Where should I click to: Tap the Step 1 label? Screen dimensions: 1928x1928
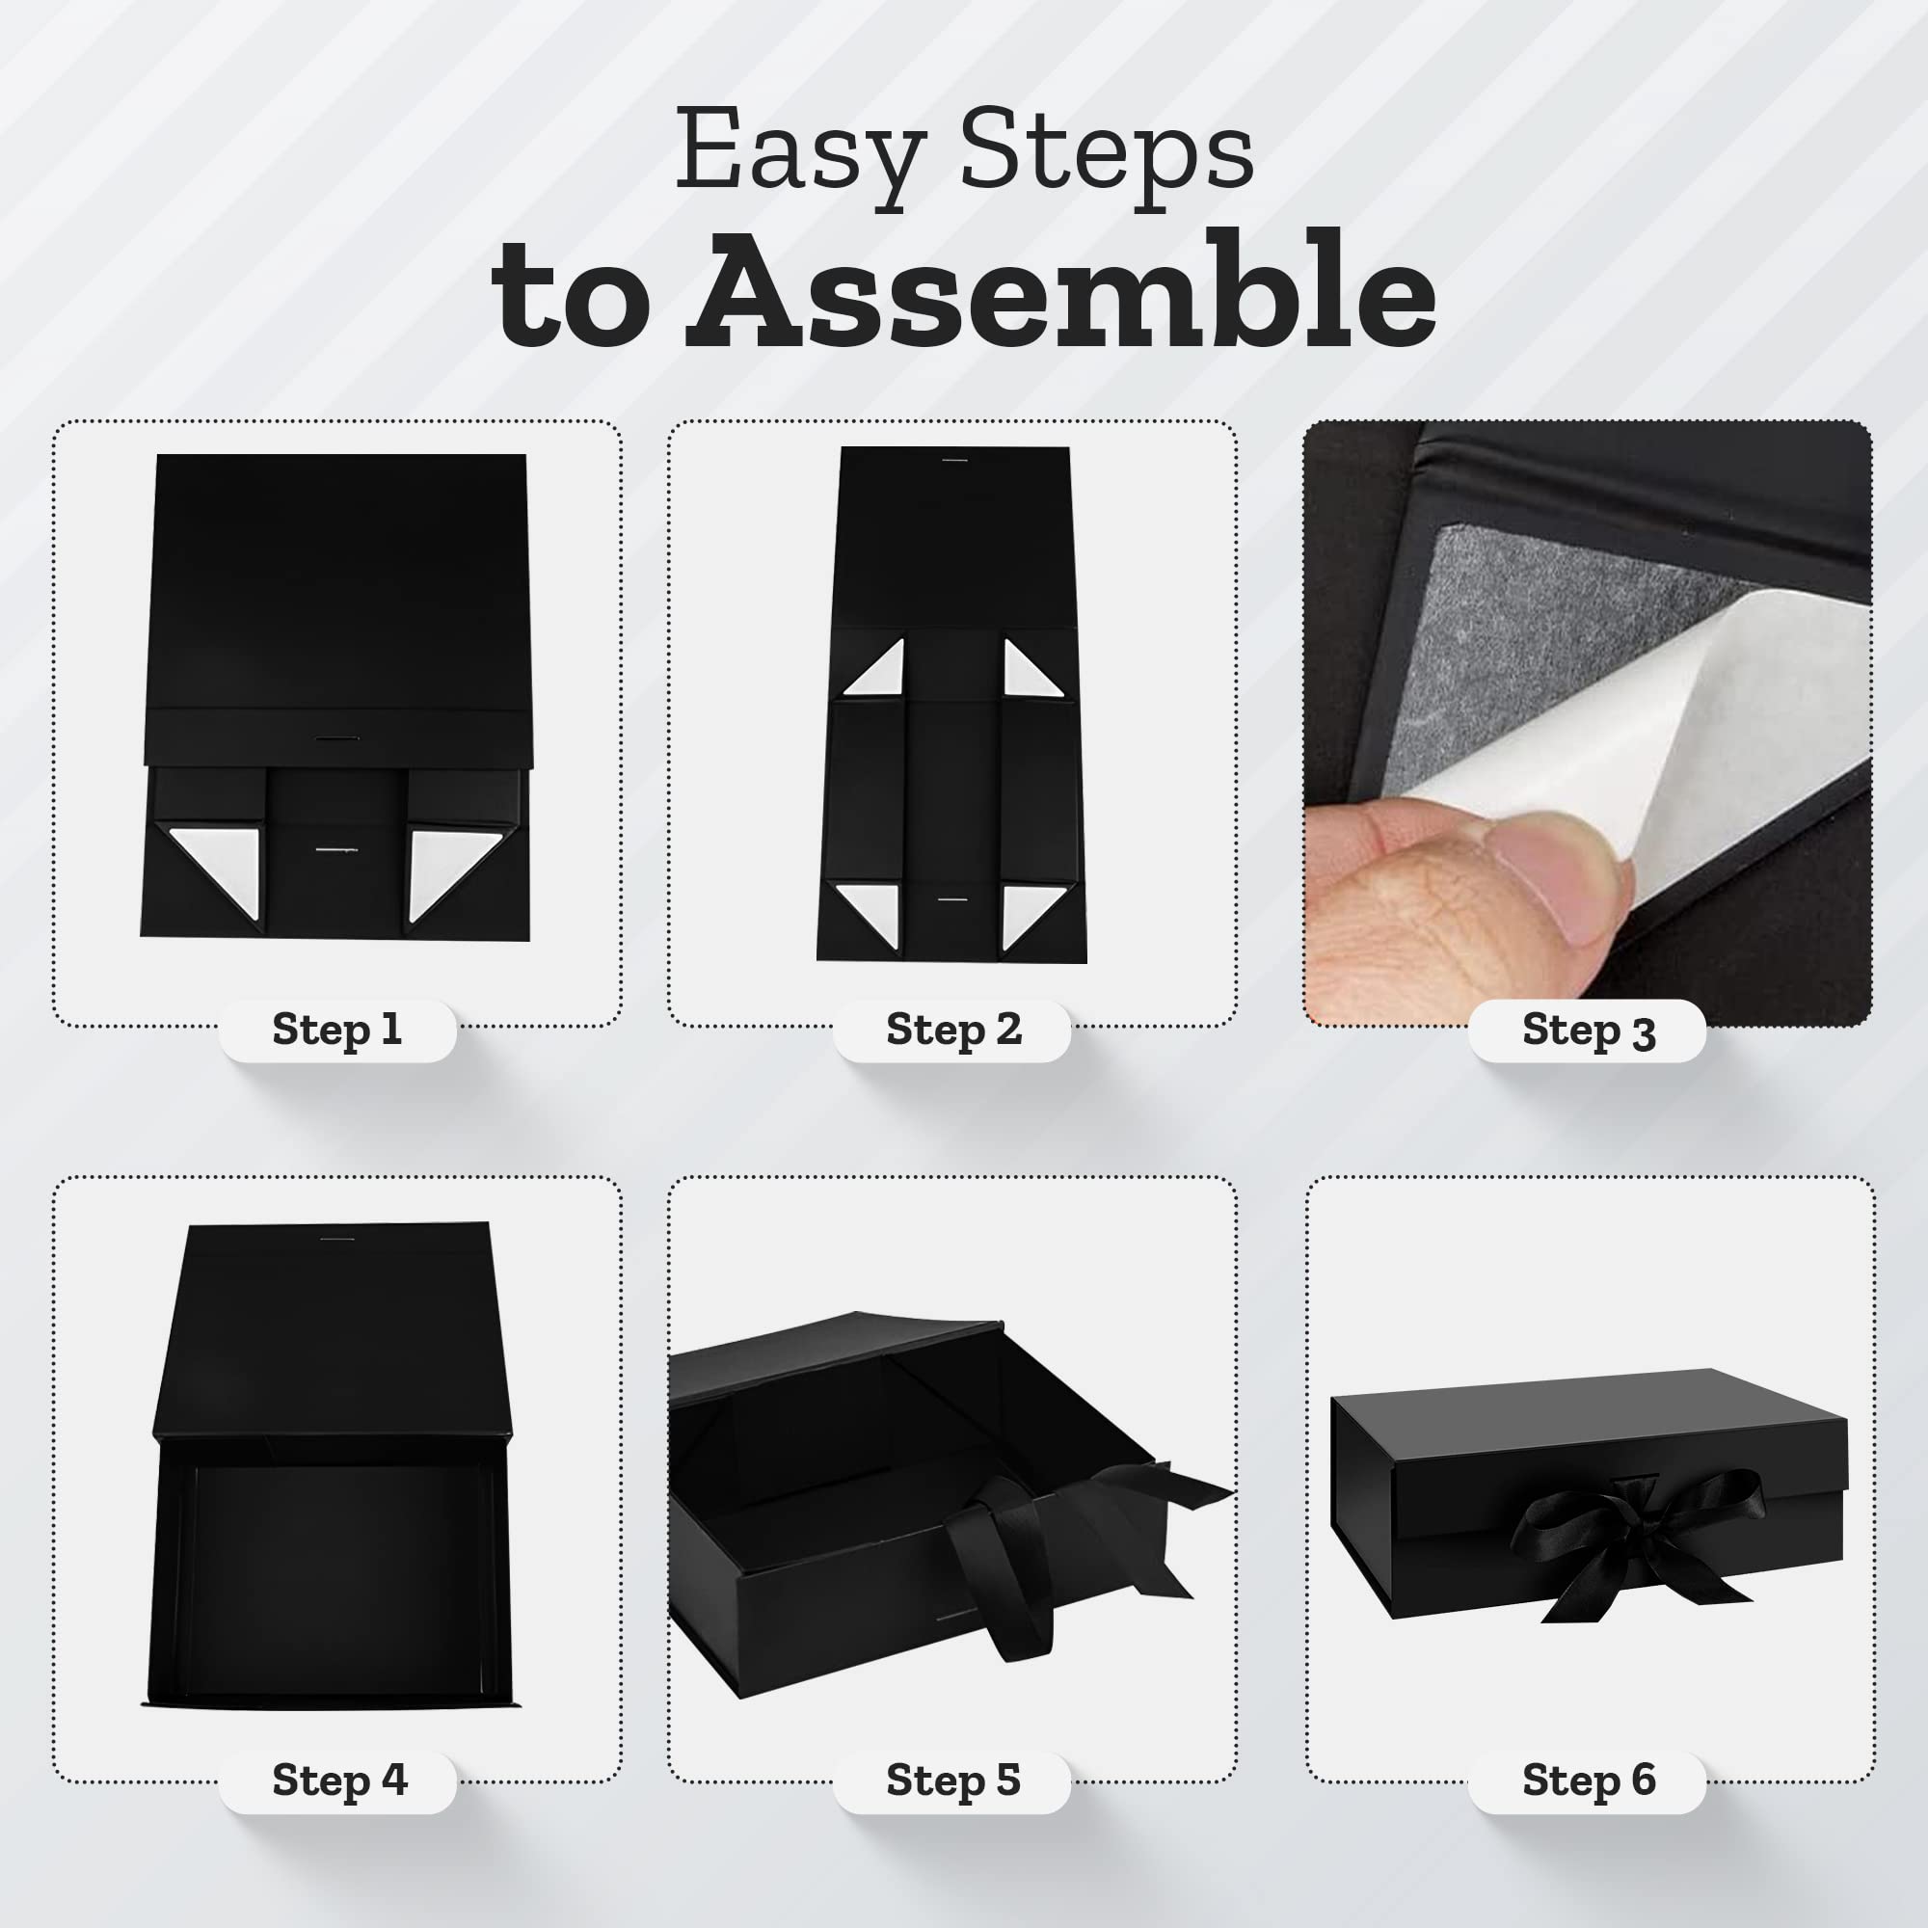click(x=337, y=1029)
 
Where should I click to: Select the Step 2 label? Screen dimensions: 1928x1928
click(x=953, y=1029)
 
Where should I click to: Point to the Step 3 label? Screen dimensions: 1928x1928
click(x=1588, y=1030)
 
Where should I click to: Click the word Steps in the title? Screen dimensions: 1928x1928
click(x=1106, y=154)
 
